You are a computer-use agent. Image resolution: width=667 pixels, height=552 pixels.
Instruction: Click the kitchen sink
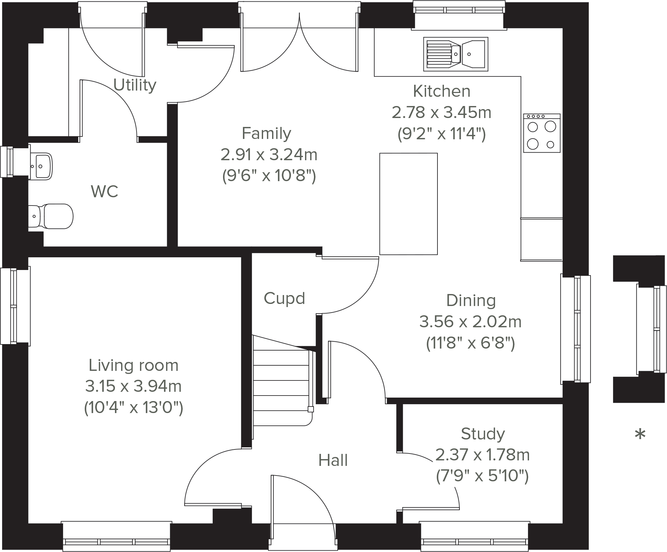point(456,54)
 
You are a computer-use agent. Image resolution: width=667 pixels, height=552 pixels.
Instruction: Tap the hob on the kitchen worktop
point(542,133)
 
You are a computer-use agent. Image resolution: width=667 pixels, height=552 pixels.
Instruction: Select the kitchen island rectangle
point(408,204)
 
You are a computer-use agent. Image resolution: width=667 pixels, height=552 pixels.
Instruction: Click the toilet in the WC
point(51,216)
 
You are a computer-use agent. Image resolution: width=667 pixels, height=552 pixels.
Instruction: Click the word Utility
point(135,85)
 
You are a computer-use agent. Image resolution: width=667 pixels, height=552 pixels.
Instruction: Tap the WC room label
point(104,191)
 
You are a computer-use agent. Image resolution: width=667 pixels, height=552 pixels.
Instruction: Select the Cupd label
point(284,298)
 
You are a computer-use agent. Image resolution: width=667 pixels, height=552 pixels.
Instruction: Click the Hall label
point(333,460)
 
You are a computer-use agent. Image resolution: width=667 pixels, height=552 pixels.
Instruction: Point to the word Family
point(267,133)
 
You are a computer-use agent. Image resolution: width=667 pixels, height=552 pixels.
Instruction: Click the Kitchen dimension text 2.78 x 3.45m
point(442,112)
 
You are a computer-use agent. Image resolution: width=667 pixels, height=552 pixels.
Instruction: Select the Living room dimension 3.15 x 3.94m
point(133,386)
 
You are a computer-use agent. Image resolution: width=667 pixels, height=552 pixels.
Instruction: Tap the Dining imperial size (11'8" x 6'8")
point(470,343)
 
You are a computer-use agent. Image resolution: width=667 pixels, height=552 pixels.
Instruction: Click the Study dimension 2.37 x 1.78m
point(482,455)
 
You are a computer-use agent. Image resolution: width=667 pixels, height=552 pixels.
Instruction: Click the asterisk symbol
point(640,434)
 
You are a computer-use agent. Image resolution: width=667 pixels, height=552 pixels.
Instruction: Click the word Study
point(483,434)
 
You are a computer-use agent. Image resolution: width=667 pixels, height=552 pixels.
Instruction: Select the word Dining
point(471,301)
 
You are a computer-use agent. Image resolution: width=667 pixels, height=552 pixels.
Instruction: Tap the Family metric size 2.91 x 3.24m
point(269,155)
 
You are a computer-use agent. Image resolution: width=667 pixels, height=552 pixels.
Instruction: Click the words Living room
point(133,365)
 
